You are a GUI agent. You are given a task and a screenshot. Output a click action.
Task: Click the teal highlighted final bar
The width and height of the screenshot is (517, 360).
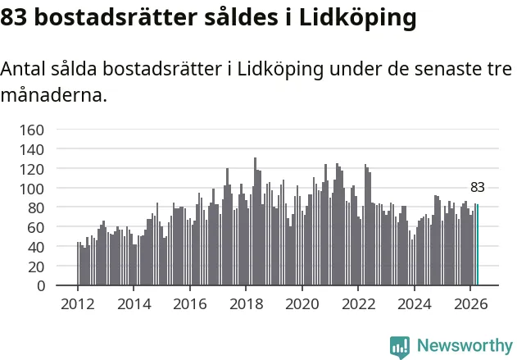[478, 244]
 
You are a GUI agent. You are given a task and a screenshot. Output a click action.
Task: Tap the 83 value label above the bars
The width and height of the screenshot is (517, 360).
[478, 188]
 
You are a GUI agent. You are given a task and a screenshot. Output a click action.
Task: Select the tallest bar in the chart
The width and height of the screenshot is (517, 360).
[255, 221]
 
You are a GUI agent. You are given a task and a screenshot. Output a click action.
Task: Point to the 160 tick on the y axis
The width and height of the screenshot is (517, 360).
[32, 130]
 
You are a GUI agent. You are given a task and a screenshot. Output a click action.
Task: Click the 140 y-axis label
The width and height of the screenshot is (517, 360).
[32, 150]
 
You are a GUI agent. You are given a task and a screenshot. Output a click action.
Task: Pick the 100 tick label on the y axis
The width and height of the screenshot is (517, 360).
[32, 189]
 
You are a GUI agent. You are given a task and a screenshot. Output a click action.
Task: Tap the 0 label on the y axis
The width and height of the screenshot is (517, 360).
[41, 285]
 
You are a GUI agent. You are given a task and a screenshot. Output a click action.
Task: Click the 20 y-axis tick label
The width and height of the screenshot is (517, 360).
[36, 267]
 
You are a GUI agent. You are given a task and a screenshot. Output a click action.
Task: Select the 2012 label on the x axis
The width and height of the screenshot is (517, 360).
[78, 304]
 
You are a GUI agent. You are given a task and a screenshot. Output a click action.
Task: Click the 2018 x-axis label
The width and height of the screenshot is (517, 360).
[247, 304]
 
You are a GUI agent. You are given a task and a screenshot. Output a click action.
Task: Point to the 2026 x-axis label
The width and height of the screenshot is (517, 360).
[471, 304]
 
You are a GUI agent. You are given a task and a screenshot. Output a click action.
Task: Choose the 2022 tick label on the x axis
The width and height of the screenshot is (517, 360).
[359, 304]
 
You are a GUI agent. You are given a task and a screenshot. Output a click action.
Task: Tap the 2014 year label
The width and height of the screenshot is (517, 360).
[134, 304]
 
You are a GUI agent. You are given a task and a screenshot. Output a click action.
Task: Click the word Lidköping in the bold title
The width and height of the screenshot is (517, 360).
[358, 18]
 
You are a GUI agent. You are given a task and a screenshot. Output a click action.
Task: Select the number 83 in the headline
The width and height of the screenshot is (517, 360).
[13, 17]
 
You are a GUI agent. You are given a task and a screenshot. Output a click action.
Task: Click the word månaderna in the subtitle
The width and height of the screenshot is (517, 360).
[54, 96]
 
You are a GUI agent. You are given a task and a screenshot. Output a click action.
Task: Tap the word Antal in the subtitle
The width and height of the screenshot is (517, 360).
[23, 69]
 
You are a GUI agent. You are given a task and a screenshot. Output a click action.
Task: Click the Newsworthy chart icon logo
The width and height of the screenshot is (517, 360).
[400, 348]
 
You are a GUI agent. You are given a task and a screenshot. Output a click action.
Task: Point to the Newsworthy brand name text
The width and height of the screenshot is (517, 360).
[465, 346]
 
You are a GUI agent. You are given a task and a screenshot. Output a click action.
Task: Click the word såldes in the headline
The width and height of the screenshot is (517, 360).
[242, 17]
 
